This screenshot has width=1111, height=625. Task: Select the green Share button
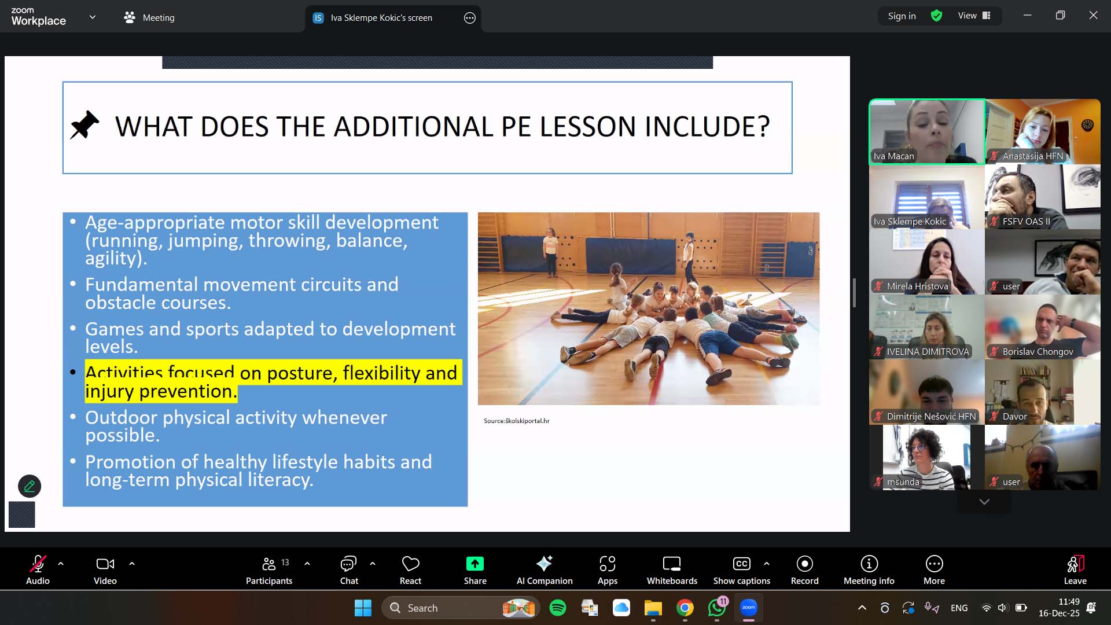474,564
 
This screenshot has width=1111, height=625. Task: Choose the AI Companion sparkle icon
544,563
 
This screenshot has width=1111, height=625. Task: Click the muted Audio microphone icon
38,564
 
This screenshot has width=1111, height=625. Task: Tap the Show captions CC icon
741,564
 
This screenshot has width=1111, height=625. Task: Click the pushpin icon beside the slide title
84,125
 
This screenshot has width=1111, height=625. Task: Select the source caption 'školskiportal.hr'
528,421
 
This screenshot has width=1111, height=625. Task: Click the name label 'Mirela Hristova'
917,286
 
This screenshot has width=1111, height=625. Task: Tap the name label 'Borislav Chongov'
1038,352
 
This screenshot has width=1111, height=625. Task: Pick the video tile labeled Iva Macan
926,132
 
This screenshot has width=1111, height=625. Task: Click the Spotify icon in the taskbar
558,608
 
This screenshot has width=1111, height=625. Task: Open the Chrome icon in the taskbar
685,608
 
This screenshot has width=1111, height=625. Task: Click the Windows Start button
363,608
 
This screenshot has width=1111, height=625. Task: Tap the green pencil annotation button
30,486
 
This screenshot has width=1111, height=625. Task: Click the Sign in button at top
902,16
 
